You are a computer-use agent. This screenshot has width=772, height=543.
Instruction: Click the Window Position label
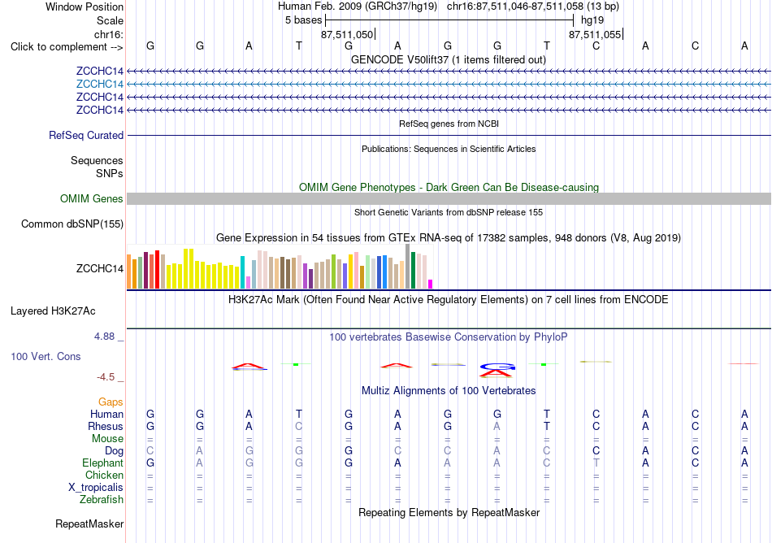[85, 7]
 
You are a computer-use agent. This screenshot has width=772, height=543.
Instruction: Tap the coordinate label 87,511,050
[347, 34]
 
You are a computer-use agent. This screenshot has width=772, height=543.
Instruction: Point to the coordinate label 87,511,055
[595, 34]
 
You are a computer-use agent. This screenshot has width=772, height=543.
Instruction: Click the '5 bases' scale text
[303, 20]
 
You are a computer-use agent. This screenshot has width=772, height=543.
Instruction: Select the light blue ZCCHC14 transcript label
[99, 85]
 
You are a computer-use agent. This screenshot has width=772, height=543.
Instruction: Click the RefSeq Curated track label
[86, 136]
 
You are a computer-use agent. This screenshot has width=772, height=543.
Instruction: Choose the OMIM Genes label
[92, 199]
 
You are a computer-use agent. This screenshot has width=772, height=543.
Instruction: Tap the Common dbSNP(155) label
[72, 224]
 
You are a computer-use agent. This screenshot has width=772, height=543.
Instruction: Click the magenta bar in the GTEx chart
[431, 284]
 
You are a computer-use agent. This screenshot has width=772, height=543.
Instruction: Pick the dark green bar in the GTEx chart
[414, 270]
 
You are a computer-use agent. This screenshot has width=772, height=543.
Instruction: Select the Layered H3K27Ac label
[53, 311]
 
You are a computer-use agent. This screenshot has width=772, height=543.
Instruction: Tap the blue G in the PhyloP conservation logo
[497, 367]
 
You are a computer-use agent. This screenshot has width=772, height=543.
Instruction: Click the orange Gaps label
[111, 402]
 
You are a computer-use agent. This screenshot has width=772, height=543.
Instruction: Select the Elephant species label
[103, 463]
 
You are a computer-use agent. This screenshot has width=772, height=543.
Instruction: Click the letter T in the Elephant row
[596, 463]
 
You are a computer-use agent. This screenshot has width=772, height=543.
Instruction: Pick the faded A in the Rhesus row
[497, 426]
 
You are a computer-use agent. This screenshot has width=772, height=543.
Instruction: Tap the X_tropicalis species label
[96, 488]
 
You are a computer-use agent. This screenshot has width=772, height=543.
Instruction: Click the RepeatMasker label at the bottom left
[89, 523]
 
